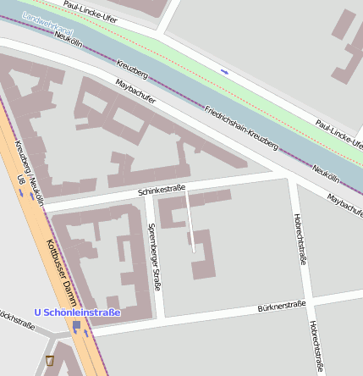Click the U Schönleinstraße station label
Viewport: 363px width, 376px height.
pyautogui.click(x=77, y=312)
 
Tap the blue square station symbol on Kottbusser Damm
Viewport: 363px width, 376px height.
pyautogui.click(x=77, y=325)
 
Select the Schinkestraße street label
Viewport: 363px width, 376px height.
pyautogui.click(x=161, y=191)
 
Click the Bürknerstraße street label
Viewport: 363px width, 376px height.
pyautogui.click(x=281, y=306)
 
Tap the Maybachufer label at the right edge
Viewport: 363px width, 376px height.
pyautogui.click(x=345, y=203)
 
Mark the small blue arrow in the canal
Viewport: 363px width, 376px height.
pyautogui.click(x=224, y=71)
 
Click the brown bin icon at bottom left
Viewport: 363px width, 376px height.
pyautogui.click(x=50, y=360)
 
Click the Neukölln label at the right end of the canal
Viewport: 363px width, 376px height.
pyautogui.click(x=324, y=173)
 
